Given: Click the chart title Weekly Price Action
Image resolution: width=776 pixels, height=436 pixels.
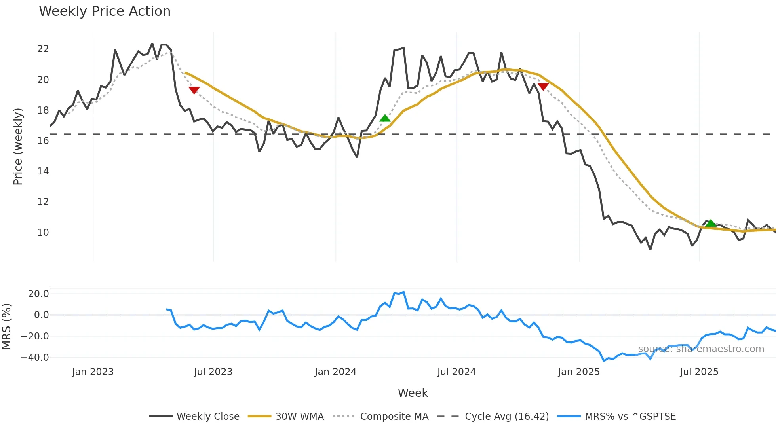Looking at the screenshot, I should point(105,11).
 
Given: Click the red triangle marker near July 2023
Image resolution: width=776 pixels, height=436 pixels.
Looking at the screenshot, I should point(194,90).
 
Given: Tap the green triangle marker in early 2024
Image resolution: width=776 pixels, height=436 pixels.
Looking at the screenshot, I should point(385,118).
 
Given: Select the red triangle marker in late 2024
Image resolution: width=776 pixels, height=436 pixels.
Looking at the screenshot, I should point(543,87).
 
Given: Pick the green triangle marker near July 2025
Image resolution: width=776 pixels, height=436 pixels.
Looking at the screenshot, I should point(711,223).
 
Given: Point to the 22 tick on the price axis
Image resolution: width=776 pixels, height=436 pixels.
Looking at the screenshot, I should point(43,49).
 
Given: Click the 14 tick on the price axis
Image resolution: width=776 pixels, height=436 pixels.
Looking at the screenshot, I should point(43,171).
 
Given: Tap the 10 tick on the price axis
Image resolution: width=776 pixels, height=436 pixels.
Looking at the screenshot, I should point(43,233).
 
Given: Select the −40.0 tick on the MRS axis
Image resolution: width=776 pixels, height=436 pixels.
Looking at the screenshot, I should point(35,358).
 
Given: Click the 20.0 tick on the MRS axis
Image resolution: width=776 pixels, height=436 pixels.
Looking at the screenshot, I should point(38,294).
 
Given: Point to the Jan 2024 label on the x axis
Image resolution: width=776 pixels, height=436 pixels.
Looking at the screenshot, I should point(335,372).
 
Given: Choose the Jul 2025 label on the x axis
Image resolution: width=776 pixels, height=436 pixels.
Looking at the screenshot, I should point(699,372).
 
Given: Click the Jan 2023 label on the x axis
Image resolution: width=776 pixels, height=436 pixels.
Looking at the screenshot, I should point(93,372).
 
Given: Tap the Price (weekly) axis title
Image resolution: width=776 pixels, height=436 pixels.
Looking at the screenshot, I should point(18,146).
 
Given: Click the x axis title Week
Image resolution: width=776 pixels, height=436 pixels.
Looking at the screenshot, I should point(413,393).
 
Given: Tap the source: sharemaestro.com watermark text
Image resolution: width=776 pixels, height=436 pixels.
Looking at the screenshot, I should point(701,349).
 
